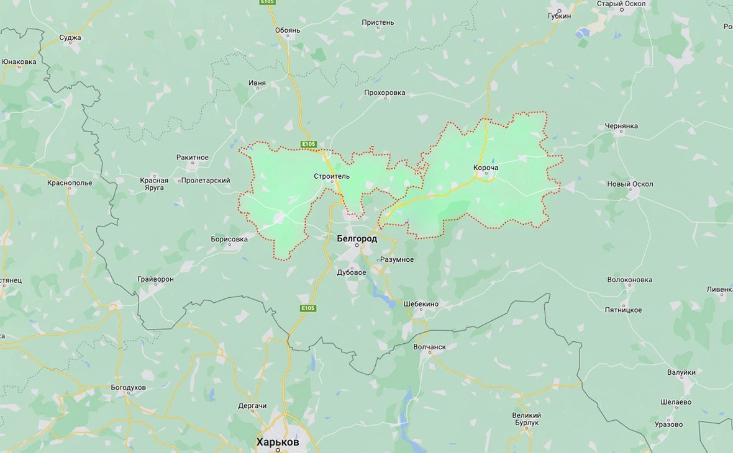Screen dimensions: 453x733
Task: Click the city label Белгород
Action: pos(357,238)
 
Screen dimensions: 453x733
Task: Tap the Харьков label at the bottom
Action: pos(277,442)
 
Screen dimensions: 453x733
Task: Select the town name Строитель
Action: pos(332,176)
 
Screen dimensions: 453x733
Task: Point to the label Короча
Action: pos(486,168)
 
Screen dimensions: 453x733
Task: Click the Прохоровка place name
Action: pos(385,93)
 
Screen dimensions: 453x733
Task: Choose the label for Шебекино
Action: pos(421,304)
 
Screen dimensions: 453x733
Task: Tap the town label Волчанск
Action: pos(429,347)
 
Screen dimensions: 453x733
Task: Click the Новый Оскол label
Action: pos(630,184)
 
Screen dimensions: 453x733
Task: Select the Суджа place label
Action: pos(70,38)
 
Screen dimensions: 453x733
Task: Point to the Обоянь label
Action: pos(287,30)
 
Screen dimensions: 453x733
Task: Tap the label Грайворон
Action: pos(155,279)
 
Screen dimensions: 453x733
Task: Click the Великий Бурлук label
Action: pos(526,419)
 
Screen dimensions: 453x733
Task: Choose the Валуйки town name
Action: pos(681,372)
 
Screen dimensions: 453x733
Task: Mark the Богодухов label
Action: pos(128,388)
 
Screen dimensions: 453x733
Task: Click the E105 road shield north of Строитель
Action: pos(309,144)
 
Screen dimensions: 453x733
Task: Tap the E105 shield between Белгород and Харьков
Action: pos(308,308)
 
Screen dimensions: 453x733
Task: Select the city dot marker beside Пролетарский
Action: pos(180,181)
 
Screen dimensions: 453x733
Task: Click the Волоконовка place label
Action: pos(630,280)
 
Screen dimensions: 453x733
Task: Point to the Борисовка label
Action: pos(229,239)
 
